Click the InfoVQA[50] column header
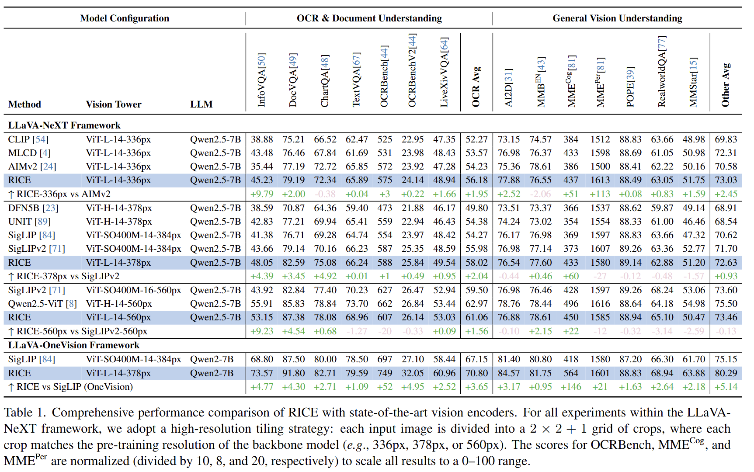pos(261,80)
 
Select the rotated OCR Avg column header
pos(476,87)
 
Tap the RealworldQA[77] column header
pos(662,71)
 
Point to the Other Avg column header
pos(726,85)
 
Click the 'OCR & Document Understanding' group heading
pos(369,18)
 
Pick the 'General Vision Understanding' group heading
pos(617,18)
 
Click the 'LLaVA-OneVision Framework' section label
pos(74,345)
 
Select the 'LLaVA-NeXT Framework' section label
pos(64,125)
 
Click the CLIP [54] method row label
pos(28,139)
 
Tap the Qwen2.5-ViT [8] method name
pos(42,304)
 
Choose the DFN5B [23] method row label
pos(33,208)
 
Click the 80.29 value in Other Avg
pos(726,373)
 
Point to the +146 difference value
pos(571,387)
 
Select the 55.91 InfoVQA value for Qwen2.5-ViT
pos(261,304)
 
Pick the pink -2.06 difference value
pos(540,194)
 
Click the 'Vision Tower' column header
pos(114,104)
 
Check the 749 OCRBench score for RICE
pos(385,373)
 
